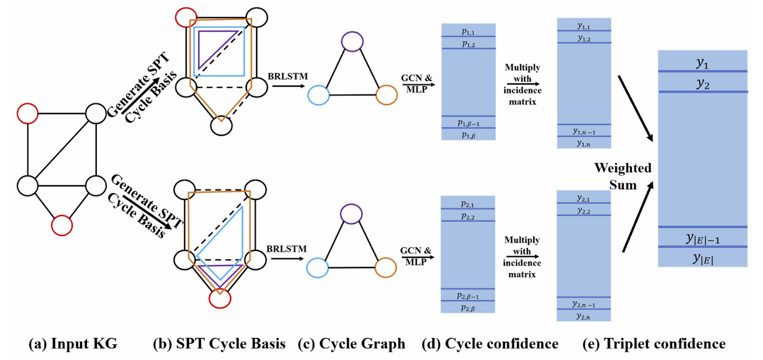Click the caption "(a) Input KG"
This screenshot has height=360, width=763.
(73, 344)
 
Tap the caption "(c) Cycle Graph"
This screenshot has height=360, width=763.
(351, 344)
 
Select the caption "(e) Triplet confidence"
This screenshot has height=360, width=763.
(654, 344)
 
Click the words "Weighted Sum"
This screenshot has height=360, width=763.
(623, 176)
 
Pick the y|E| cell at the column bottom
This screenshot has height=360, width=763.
(703, 257)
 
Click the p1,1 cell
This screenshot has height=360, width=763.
(468, 30)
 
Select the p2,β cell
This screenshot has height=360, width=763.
(468, 307)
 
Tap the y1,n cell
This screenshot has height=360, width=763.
(584, 143)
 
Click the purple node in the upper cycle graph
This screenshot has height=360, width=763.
(352, 41)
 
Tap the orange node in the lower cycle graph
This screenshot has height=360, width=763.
(386, 267)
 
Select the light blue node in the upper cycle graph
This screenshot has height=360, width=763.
(319, 95)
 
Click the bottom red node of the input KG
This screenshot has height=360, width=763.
(62, 225)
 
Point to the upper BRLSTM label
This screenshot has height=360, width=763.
(288, 76)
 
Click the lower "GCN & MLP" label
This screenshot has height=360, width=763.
(416, 256)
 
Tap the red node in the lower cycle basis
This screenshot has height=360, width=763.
(220, 298)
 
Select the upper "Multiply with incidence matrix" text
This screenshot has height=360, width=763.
(523, 84)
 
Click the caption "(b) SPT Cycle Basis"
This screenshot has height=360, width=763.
(219, 344)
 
